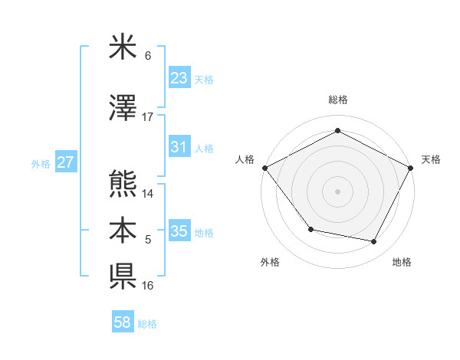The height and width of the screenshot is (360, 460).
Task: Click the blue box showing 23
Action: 179,78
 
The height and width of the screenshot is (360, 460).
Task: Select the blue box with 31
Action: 179,148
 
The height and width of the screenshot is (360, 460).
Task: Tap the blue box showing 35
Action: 179,231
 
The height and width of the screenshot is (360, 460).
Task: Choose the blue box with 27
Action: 65,162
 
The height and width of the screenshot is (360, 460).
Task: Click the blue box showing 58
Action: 123,322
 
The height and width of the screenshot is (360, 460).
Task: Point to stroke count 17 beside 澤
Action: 148,117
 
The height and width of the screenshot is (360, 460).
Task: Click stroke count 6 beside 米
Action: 148,56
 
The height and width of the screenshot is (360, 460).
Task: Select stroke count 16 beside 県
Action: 148,286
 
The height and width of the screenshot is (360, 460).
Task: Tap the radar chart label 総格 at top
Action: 338,100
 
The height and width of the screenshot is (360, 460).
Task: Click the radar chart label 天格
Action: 432,159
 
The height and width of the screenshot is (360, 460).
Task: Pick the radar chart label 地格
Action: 402,262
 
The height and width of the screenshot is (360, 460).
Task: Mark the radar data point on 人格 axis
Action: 264,168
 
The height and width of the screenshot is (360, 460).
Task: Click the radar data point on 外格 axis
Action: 310,229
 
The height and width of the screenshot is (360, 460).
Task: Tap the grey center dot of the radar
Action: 338,191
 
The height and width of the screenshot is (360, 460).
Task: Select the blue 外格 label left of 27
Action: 41,163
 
